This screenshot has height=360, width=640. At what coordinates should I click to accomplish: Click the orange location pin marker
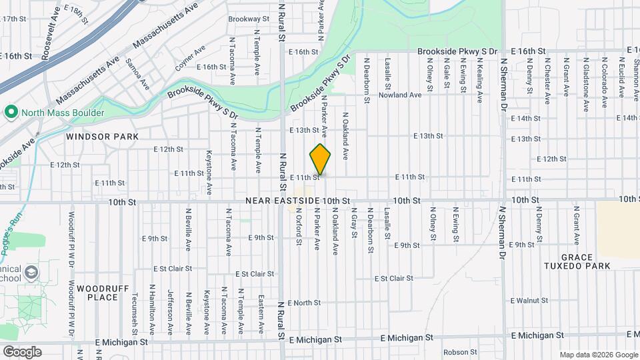tap(321, 159)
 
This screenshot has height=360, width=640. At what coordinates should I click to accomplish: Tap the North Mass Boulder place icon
tap(11, 113)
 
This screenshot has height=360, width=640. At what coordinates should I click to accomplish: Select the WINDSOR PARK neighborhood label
tap(102, 136)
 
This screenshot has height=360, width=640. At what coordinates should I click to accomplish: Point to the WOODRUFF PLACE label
tap(97, 292)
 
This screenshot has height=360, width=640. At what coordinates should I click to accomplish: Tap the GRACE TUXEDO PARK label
tap(576, 261)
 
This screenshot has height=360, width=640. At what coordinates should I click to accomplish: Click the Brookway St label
tap(248, 19)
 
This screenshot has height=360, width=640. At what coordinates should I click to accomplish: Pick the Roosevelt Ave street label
tap(47, 41)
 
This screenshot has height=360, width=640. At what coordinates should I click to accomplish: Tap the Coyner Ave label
tap(190, 58)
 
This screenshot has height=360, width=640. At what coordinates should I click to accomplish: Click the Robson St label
tap(457, 351)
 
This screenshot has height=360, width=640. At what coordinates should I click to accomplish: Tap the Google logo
tap(22, 351)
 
